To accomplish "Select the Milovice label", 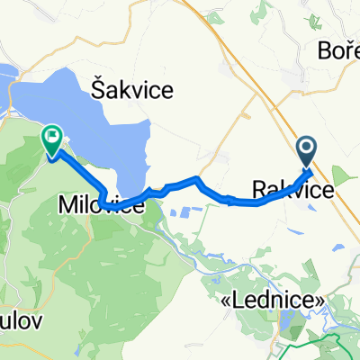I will click(x=101, y=206).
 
